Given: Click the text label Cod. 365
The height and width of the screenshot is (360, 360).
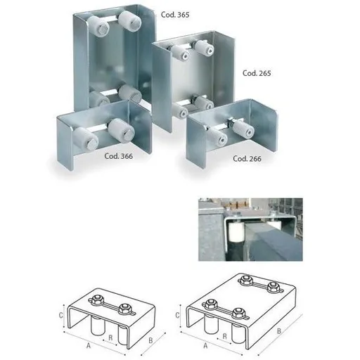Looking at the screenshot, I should [x=172, y=15].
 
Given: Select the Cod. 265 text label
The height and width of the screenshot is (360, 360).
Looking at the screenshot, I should [x=257, y=72].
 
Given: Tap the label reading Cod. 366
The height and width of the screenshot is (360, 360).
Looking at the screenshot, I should [x=118, y=156].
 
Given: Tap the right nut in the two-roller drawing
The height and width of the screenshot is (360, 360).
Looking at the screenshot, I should [x=124, y=307].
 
